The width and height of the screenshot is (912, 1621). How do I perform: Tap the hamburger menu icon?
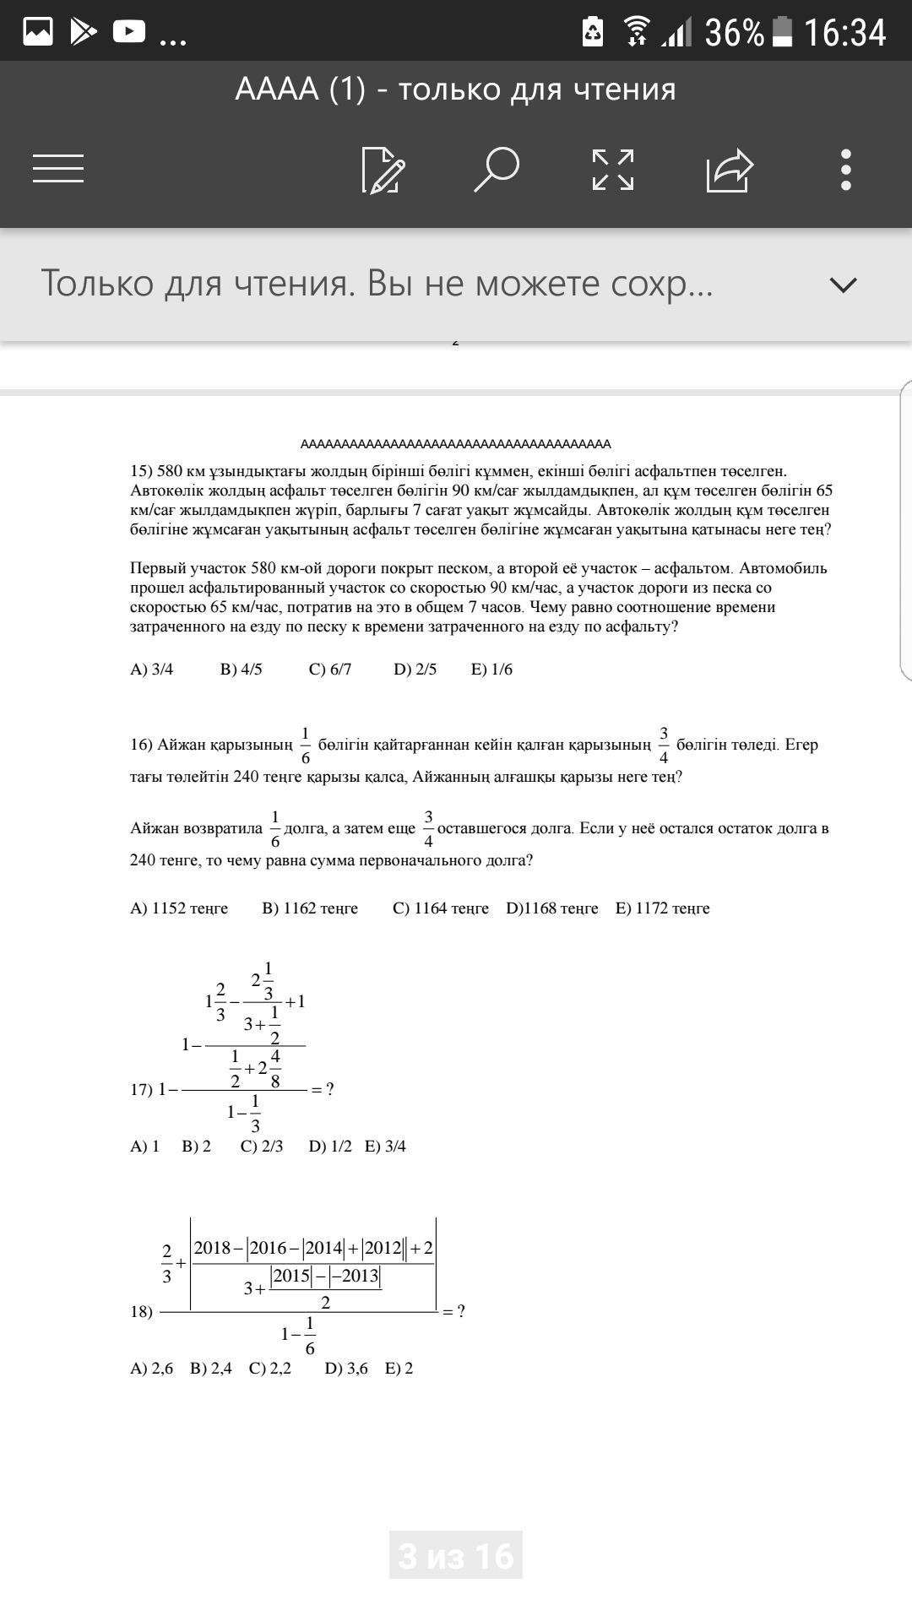click(x=58, y=168)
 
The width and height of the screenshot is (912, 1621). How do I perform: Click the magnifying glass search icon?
click(x=496, y=169)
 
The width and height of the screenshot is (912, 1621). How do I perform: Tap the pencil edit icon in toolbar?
click(x=383, y=170)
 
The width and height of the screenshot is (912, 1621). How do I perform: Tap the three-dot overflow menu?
click(x=846, y=170)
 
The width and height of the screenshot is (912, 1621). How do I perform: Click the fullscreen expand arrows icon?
click(x=613, y=170)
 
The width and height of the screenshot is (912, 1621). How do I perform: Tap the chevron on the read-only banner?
click(x=844, y=285)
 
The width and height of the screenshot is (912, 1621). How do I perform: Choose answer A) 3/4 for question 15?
click(x=152, y=670)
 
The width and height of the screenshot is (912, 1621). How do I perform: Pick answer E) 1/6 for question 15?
click(x=491, y=670)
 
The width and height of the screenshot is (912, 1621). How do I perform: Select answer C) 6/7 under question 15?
click(x=330, y=670)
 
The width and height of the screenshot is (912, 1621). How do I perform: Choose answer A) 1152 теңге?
click(x=179, y=908)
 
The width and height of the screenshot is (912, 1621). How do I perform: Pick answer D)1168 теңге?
click(x=552, y=908)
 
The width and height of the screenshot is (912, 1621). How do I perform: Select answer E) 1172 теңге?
click(x=663, y=908)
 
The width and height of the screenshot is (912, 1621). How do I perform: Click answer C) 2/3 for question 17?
click(x=262, y=1147)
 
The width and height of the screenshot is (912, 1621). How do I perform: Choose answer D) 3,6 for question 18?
click(x=346, y=1369)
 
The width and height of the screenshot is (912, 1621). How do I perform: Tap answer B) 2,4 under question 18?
click(x=211, y=1369)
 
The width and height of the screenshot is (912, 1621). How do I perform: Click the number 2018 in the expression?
click(x=212, y=1249)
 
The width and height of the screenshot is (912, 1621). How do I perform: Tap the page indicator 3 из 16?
click(x=456, y=1556)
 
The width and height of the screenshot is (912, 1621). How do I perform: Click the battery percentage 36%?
click(x=734, y=33)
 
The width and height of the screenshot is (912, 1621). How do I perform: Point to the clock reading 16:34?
click(x=844, y=33)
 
